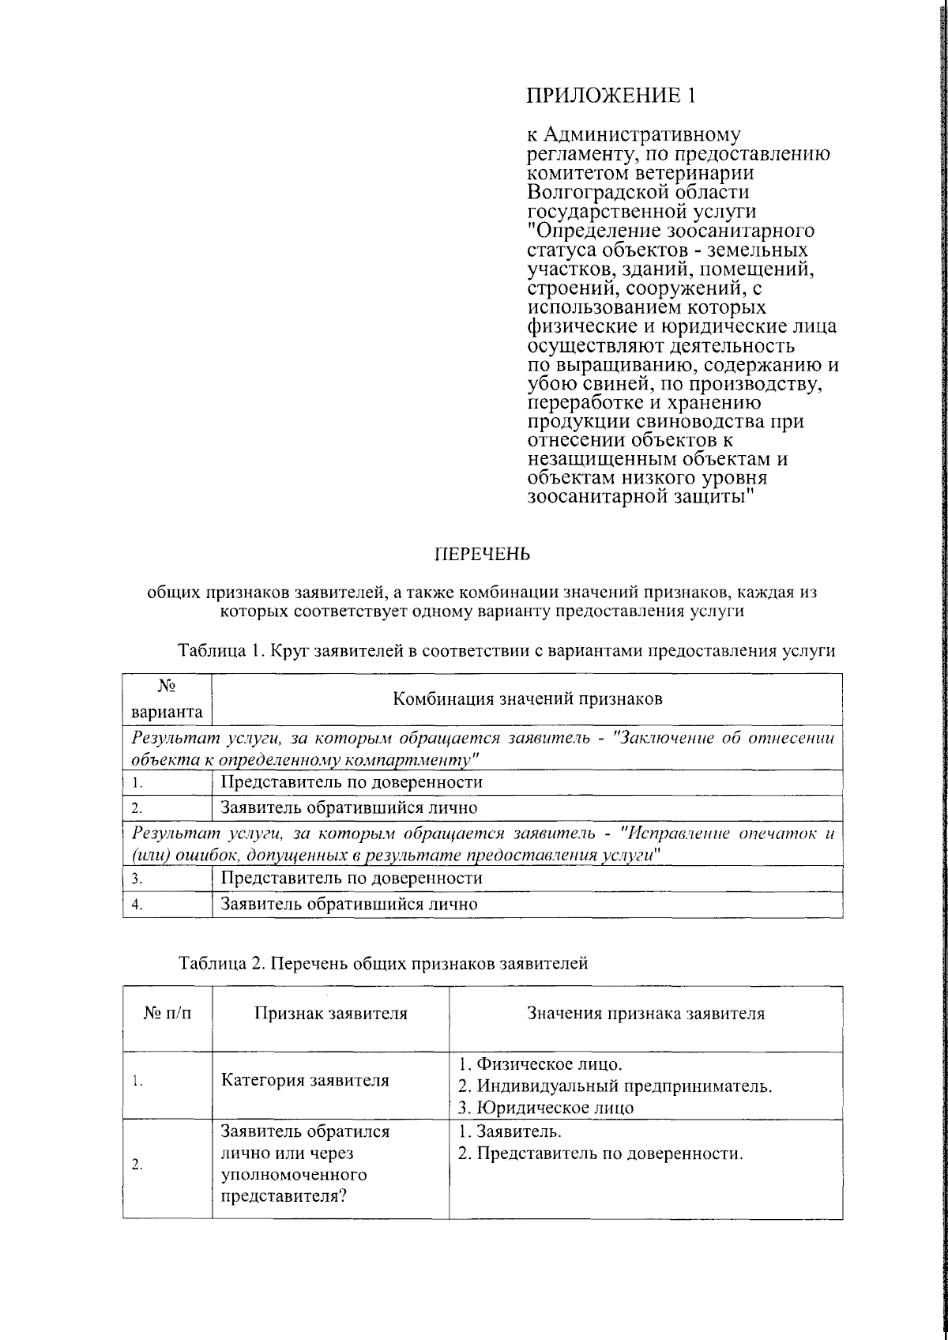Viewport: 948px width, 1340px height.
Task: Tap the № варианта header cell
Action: tap(167, 698)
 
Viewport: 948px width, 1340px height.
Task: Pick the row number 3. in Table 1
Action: tap(137, 879)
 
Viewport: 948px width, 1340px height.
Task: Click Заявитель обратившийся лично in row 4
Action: tap(348, 904)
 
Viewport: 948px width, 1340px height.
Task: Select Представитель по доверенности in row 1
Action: tap(351, 782)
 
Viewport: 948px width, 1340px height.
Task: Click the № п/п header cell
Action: tap(167, 1014)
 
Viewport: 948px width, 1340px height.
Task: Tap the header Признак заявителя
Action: tap(330, 1014)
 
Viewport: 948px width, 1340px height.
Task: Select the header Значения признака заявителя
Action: tap(645, 1014)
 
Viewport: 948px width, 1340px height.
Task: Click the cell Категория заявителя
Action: tap(305, 1080)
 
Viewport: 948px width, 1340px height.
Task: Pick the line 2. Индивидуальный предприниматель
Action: tap(615, 1086)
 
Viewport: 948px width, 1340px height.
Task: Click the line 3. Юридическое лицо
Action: tap(546, 1107)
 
